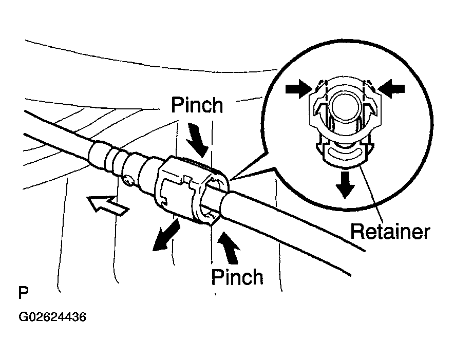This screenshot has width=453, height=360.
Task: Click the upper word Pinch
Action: [197, 105]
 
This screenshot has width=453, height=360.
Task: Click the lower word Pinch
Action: [237, 277]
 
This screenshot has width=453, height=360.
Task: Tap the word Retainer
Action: [390, 232]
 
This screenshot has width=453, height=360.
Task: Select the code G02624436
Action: [52, 317]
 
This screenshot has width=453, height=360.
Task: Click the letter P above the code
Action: [24, 293]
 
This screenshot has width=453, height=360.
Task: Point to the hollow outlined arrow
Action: [108, 205]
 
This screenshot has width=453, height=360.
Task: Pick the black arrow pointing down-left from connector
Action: [166, 235]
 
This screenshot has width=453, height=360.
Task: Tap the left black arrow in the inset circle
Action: [299, 89]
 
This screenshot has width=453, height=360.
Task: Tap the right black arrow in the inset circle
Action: [391, 89]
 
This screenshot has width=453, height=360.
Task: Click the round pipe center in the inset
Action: [344, 106]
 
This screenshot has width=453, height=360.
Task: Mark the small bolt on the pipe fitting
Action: [129, 180]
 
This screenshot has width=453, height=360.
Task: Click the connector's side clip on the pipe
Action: [177, 191]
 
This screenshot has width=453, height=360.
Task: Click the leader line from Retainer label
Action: [371, 193]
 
